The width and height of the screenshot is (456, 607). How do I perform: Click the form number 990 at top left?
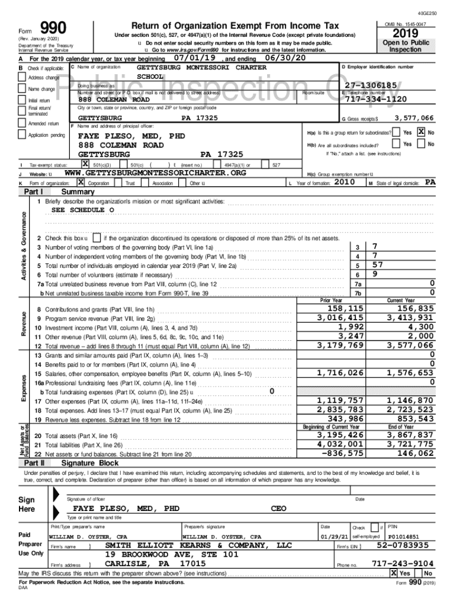click(53, 27)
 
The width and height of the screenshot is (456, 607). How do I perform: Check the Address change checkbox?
click(24, 78)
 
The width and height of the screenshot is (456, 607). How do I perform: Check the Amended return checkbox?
click(24, 123)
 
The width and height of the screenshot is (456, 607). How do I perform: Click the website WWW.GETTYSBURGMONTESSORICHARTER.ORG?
click(155, 172)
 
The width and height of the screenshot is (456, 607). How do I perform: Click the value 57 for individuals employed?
click(376, 265)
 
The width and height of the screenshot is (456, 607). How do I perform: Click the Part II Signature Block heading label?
click(89, 462)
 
